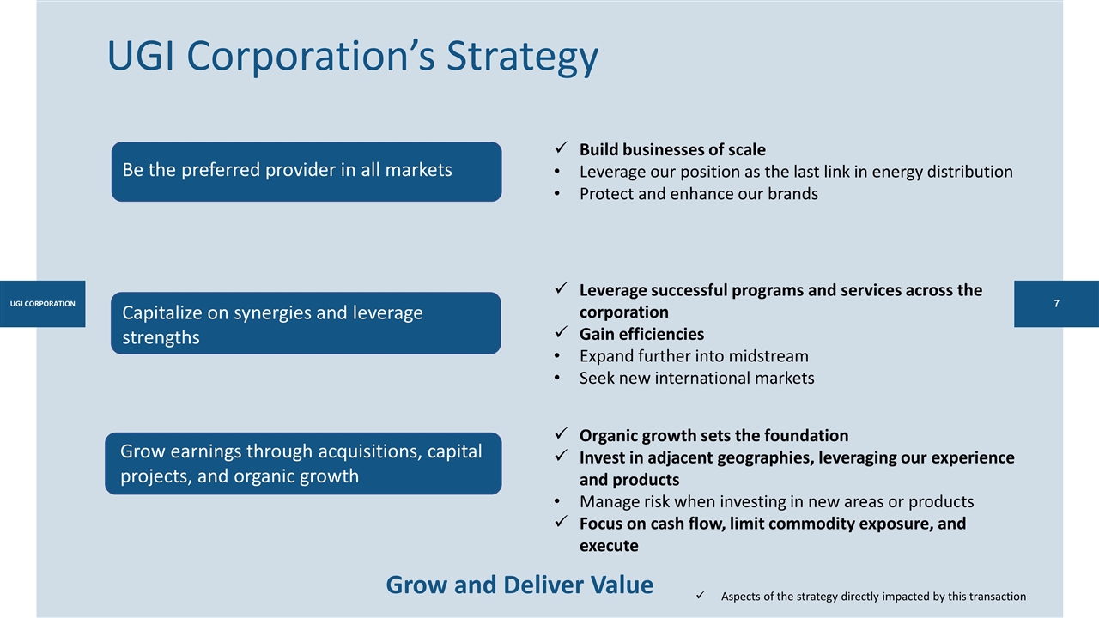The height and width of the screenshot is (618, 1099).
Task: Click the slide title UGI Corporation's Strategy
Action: [352, 57]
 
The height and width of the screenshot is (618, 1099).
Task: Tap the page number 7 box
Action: [1056, 304]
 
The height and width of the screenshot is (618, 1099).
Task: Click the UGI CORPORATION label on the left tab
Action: [42, 304]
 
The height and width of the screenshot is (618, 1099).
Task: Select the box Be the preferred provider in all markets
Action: [306, 171]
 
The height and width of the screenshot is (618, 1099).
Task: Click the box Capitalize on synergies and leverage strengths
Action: [306, 324]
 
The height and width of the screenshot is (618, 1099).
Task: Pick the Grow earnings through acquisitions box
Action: [303, 463]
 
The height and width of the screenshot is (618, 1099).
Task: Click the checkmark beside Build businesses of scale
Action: [560, 148]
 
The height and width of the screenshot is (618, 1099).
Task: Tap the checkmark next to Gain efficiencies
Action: [560, 333]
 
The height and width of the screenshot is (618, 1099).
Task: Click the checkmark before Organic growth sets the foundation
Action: [560, 434]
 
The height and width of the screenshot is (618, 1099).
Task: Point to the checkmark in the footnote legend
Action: [701, 596]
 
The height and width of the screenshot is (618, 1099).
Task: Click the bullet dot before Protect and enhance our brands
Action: [560, 194]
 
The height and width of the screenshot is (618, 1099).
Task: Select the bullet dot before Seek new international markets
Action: [560, 379]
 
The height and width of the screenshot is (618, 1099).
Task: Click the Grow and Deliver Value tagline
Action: [519, 585]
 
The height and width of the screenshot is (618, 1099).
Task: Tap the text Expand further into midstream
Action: [694, 355]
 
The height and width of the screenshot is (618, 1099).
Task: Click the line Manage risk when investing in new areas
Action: [776, 501]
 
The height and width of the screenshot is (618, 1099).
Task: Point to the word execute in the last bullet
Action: [609, 546]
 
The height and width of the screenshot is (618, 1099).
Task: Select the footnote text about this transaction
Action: [873, 597]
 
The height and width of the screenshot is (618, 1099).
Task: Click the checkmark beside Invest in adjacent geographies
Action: [560, 457]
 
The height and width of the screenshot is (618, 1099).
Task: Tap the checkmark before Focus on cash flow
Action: [560, 523]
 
